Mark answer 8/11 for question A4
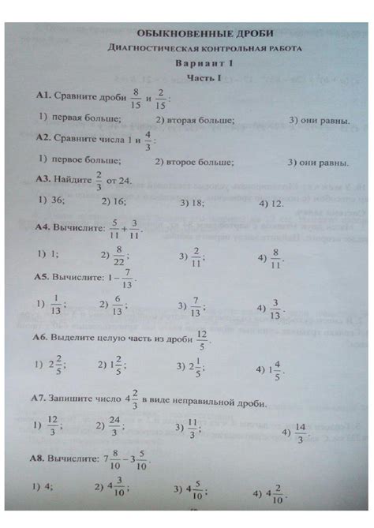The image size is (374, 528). (276, 257)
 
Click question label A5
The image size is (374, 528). (41, 278)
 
